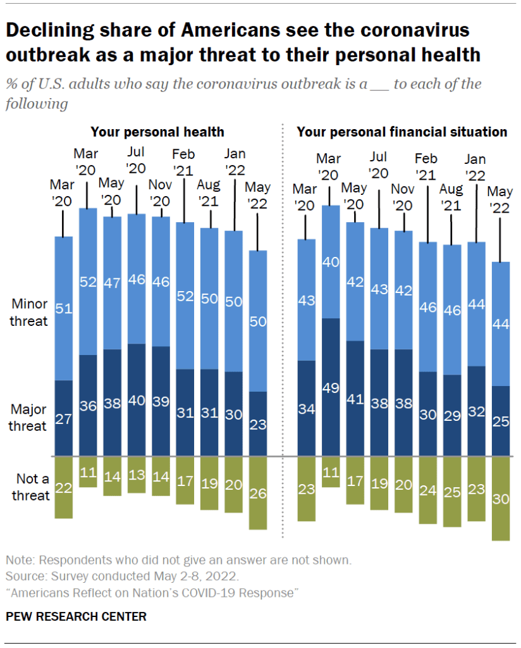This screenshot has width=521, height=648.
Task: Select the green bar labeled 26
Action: pyautogui.click(x=258, y=492)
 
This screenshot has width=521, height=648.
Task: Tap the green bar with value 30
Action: pyautogui.click(x=501, y=498)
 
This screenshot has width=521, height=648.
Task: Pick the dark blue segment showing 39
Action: pyautogui.click(x=161, y=401)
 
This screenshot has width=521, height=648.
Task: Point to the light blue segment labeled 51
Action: pyautogui.click(x=63, y=308)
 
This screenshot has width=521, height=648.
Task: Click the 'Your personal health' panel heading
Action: pyautogui.click(x=157, y=132)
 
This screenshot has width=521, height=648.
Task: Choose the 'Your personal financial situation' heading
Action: pyautogui.click(x=402, y=132)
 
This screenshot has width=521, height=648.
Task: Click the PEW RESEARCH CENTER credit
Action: pyautogui.click(x=76, y=616)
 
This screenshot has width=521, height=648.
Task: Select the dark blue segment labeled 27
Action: pyautogui.click(x=63, y=418)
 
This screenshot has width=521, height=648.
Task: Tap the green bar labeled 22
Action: pyautogui.click(x=63, y=487)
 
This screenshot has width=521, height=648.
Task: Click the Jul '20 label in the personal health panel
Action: pyautogui.click(x=136, y=161)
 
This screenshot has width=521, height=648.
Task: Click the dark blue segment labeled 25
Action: pyautogui.click(x=501, y=421)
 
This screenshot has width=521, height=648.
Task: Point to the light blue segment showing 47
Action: pyautogui.click(x=112, y=283)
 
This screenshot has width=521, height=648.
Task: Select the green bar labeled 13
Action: pyautogui.click(x=136, y=474)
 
